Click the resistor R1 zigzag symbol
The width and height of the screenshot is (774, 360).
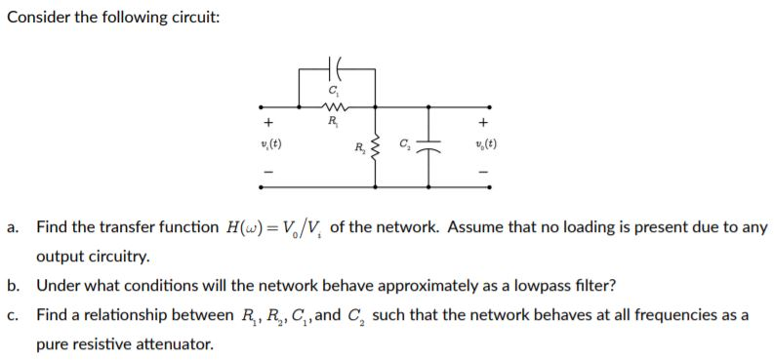[x=335, y=107]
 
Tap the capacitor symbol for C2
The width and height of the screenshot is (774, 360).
[x=428, y=146]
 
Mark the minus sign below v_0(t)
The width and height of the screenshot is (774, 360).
[x=483, y=173]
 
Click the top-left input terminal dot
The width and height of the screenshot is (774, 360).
[x=259, y=107]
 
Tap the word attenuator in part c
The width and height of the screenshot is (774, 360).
[x=179, y=344]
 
